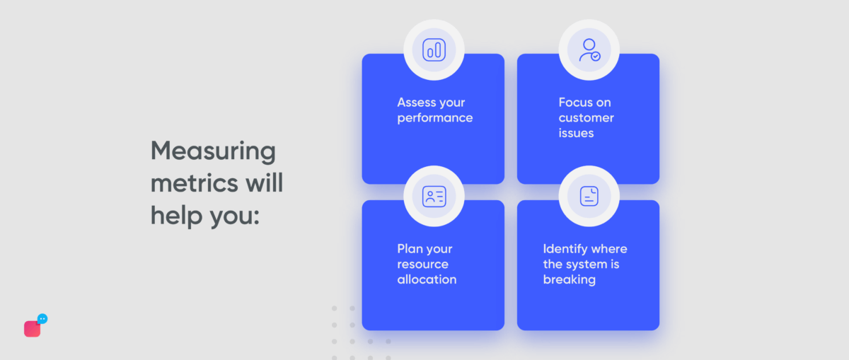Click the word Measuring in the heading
coord(213,151)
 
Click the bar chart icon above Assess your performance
coord(434,50)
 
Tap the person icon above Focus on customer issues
coord(589,50)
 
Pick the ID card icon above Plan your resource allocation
coord(434,196)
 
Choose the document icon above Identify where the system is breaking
coord(589,196)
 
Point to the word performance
coord(434,118)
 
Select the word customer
coord(586,117)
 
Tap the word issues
coord(576,133)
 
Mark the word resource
coord(422,265)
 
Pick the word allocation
coord(427,279)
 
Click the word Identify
coord(565,249)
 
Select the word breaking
coord(569,279)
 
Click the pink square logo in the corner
coord(32,329)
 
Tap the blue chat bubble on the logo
coord(42,319)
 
